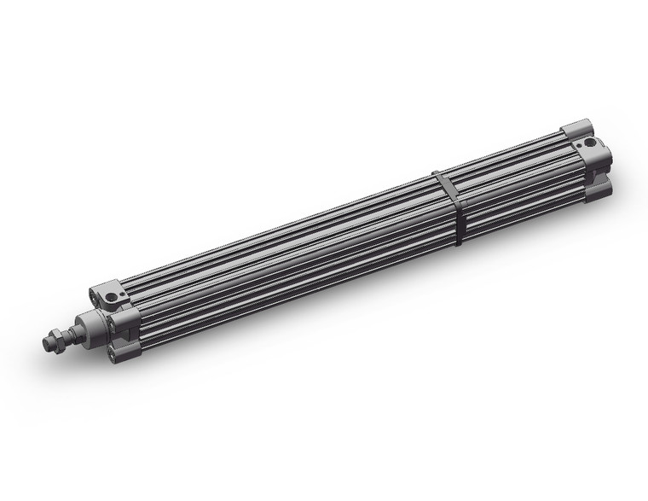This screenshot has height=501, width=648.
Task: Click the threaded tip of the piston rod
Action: click(x=48, y=343)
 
